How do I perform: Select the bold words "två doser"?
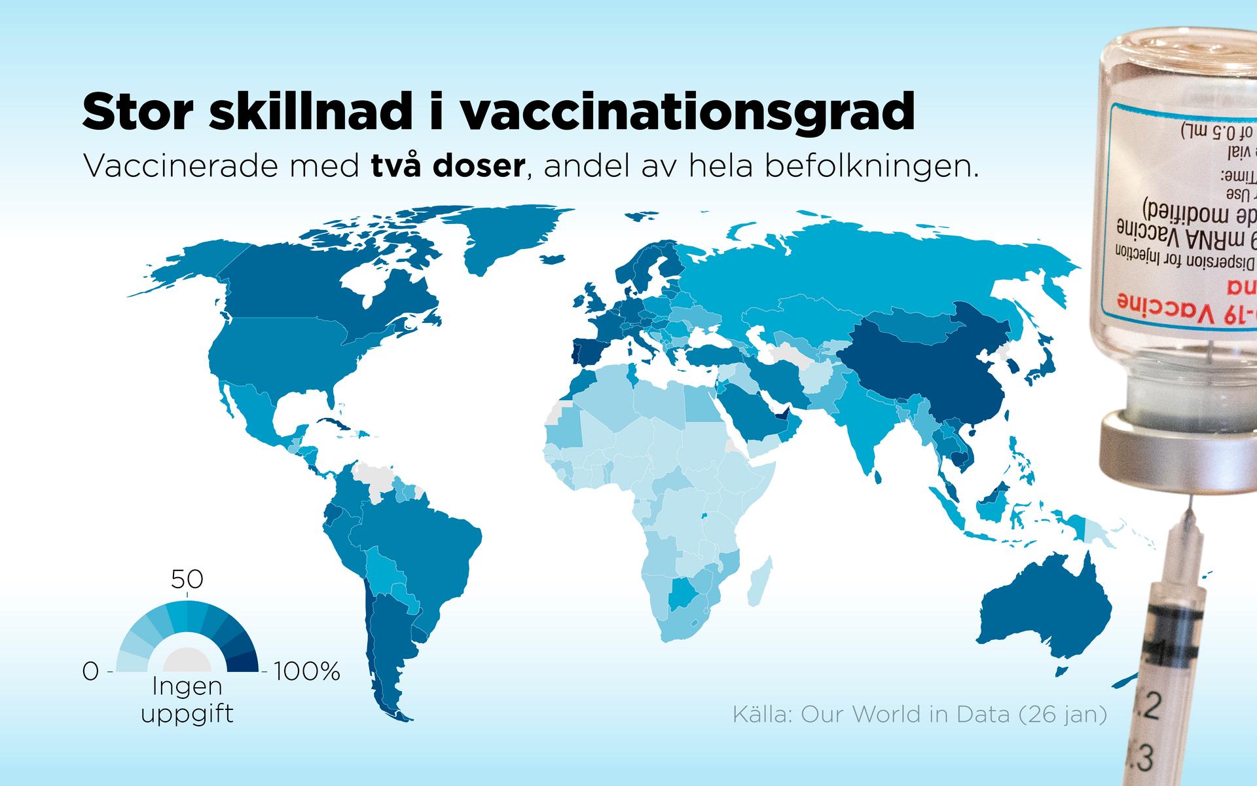[x=448, y=167]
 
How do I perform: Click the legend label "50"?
[x=187, y=580]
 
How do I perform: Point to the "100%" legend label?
[x=307, y=671]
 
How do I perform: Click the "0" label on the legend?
[x=91, y=671]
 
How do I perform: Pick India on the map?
[x=864, y=419]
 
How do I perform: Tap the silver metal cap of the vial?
[x=1178, y=452]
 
